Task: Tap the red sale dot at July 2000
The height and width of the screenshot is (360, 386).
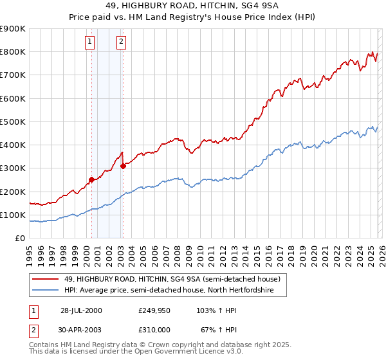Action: pos(91,180)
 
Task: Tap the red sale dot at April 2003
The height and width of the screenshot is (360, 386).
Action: pos(123,166)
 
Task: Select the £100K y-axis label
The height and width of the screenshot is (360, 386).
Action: pos(13,215)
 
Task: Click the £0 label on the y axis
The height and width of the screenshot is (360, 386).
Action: pos(19,238)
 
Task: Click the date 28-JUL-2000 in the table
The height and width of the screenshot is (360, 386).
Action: pos(81,310)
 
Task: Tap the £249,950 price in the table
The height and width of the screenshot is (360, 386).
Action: pos(154,310)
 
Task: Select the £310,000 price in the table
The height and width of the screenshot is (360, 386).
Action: pos(154,329)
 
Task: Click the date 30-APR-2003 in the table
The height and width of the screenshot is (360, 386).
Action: pos(81,329)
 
